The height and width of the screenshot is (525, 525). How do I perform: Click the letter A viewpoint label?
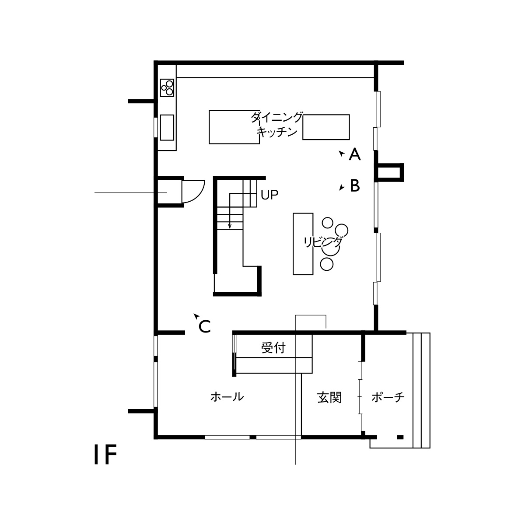point(355,154)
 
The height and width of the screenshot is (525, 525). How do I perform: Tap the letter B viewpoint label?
point(355,185)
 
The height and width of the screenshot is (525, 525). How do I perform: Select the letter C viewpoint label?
point(205,326)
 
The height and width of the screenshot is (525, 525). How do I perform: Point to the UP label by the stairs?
point(269,195)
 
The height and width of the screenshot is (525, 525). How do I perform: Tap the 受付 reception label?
point(273,348)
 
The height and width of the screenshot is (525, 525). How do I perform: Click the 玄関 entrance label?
point(329,398)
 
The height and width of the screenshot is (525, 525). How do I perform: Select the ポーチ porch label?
point(388,397)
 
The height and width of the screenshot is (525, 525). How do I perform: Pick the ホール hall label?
point(227,397)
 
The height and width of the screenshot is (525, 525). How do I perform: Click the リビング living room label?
point(323,242)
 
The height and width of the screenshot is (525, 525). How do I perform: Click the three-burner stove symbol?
point(167,88)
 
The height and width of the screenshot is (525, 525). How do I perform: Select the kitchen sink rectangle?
point(167,127)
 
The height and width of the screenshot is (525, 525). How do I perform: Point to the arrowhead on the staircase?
point(230,226)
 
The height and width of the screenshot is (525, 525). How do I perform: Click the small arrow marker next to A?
point(341,154)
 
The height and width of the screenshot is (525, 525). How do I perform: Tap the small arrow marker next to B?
point(342,187)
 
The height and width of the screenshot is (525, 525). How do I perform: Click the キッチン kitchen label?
point(277,132)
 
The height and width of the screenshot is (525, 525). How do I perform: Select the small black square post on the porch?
point(400,437)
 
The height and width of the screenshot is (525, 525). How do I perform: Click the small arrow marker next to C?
point(196,316)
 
